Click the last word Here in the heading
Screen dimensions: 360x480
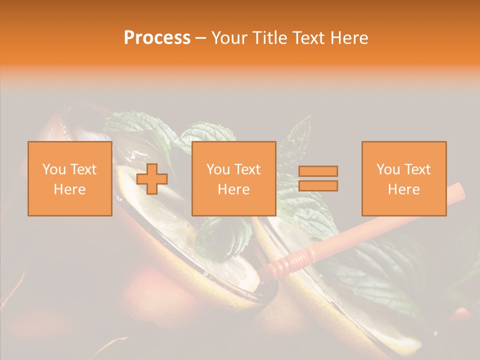pyautogui.click(x=350, y=38)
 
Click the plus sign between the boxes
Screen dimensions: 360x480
pyautogui.click(x=152, y=179)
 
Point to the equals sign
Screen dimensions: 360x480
pyautogui.click(x=318, y=178)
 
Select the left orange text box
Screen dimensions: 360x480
pyautogui.click(x=70, y=178)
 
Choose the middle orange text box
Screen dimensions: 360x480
pyautogui.click(x=234, y=178)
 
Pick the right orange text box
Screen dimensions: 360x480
pyautogui.click(x=404, y=178)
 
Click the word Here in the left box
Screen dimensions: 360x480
pyautogui.click(x=70, y=189)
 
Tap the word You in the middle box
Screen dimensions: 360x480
pyautogui.click(x=218, y=169)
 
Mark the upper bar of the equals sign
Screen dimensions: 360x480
pyautogui.click(x=318, y=171)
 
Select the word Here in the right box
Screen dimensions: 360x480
pyautogui.click(x=404, y=189)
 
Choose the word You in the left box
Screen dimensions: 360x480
pyautogui.click(x=54, y=169)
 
